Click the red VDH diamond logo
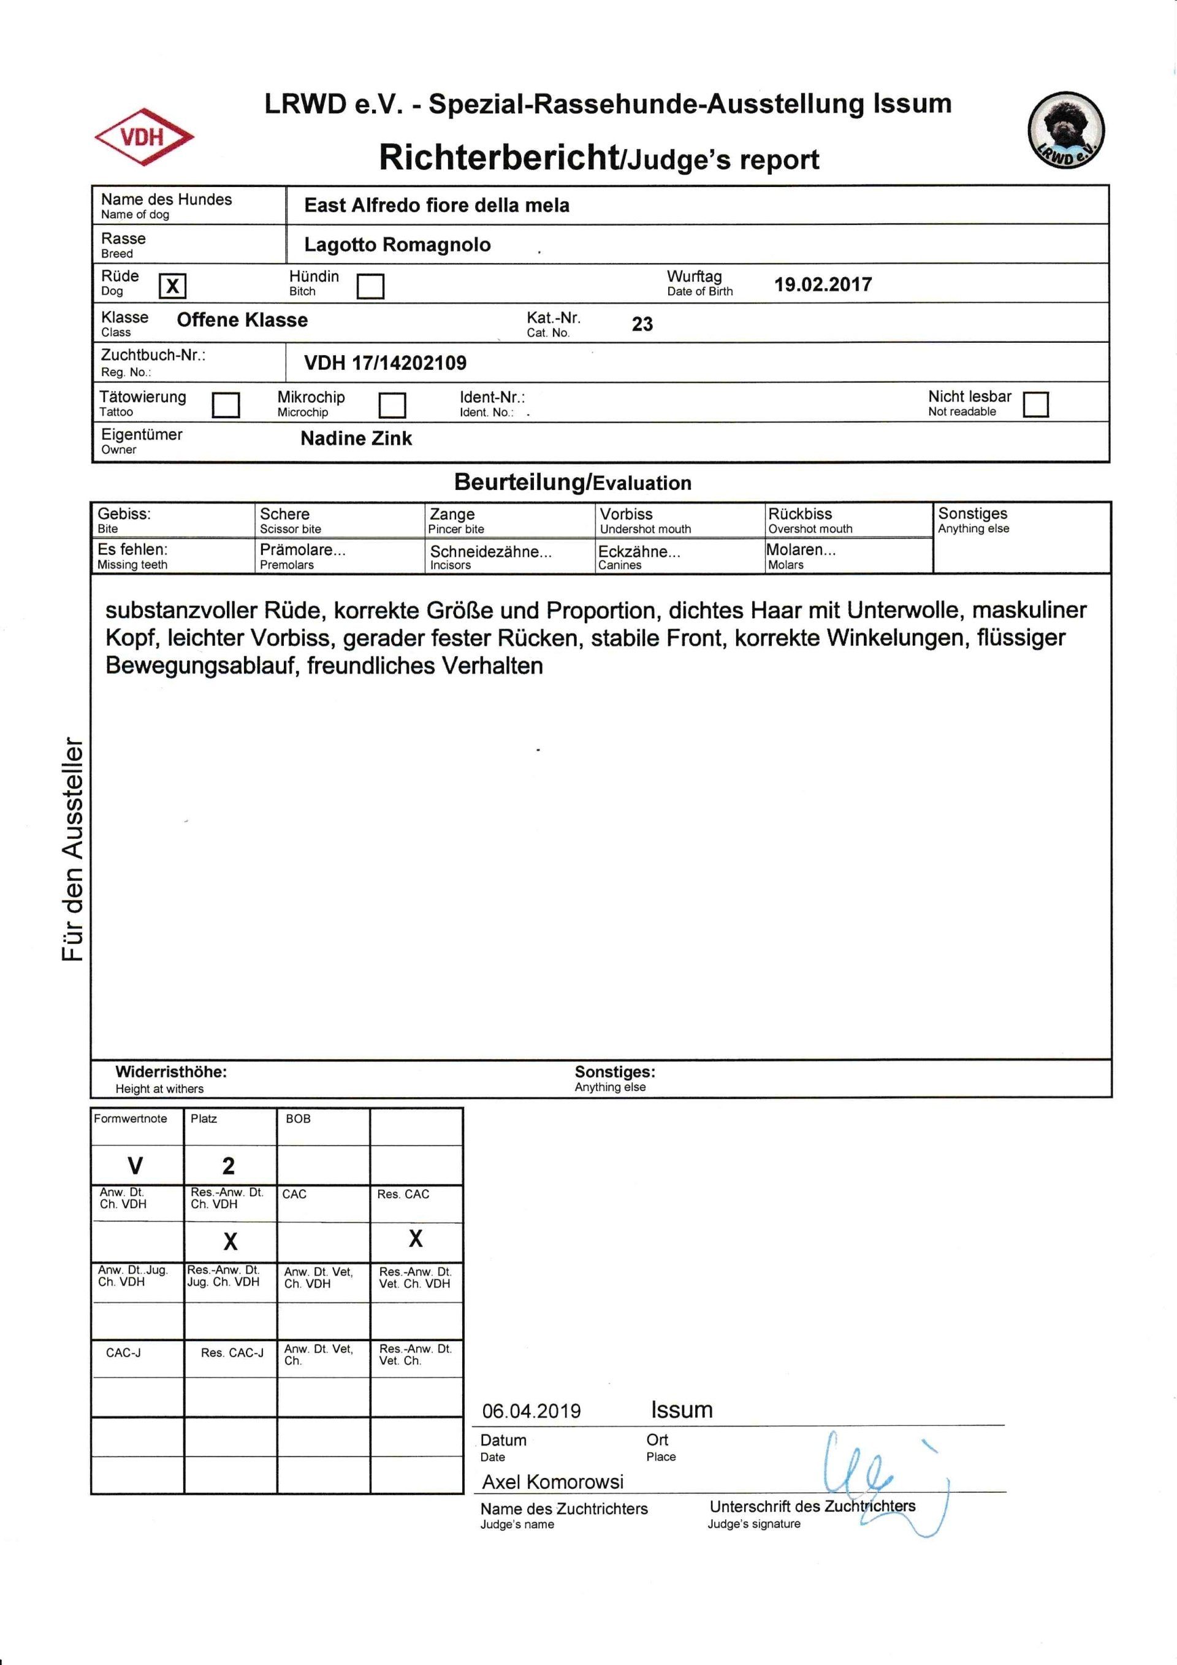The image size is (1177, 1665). tap(143, 136)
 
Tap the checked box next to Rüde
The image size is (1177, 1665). tap(172, 286)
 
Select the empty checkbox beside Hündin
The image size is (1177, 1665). tap(370, 286)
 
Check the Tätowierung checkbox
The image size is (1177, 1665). tap(226, 405)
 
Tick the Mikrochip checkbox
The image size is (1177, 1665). tap(392, 405)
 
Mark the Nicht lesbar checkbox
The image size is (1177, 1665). tap(1035, 404)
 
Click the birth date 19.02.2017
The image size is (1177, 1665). tap(823, 285)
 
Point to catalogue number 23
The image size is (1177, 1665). tap(642, 324)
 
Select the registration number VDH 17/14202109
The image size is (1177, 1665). tap(385, 362)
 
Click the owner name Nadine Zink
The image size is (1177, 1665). tap(356, 438)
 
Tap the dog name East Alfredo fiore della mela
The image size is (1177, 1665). tap(436, 206)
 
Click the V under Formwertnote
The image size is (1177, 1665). tap(135, 1166)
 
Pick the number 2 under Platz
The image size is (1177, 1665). tap(228, 1166)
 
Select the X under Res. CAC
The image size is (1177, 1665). tap(415, 1239)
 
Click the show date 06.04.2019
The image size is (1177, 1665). tap(531, 1411)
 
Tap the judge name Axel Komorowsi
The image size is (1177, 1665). tap(553, 1482)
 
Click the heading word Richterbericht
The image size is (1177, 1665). tap(498, 158)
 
